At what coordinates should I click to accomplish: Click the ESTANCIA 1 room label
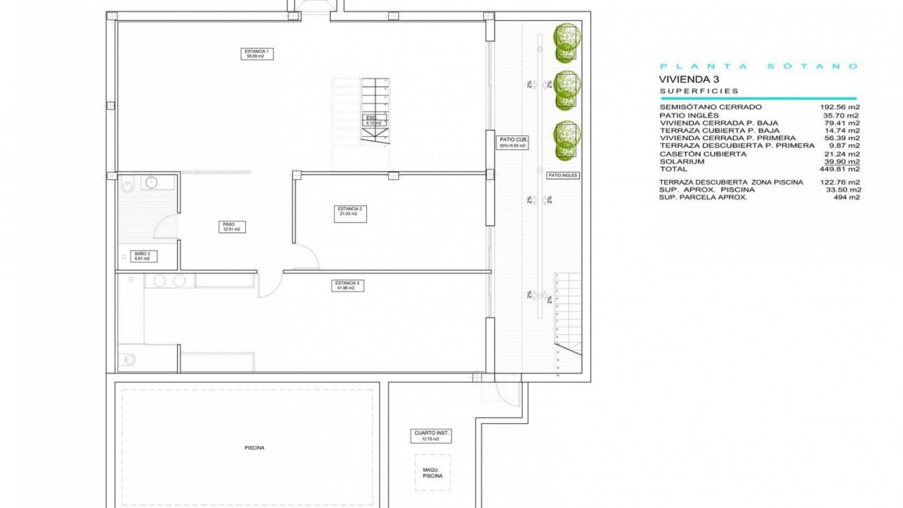(257, 54)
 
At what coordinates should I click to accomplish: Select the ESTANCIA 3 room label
(348, 286)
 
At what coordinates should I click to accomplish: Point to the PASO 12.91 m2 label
(231, 227)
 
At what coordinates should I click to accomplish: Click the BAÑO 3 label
(143, 256)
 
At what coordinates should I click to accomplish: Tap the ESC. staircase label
(374, 120)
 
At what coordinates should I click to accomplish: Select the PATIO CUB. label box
(513, 143)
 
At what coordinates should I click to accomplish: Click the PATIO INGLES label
(563, 175)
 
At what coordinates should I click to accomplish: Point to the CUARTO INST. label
(431, 436)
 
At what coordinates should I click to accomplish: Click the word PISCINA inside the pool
(254, 448)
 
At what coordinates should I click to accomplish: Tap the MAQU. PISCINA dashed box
(432, 473)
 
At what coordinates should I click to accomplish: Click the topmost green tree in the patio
(566, 43)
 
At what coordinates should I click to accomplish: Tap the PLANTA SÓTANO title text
(759, 66)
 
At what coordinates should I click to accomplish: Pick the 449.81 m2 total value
(840, 169)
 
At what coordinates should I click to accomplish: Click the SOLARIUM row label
(682, 161)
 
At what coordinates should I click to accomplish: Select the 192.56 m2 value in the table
(840, 107)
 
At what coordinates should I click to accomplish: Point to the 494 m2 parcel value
(847, 197)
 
